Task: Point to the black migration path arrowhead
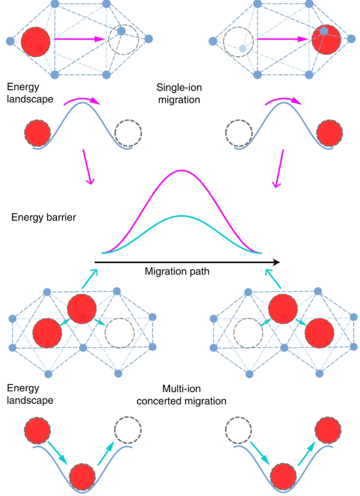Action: point(276,261)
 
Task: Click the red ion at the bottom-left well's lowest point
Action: point(83,476)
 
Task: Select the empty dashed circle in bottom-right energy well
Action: point(242,430)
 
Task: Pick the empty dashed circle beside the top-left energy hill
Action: point(127,133)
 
